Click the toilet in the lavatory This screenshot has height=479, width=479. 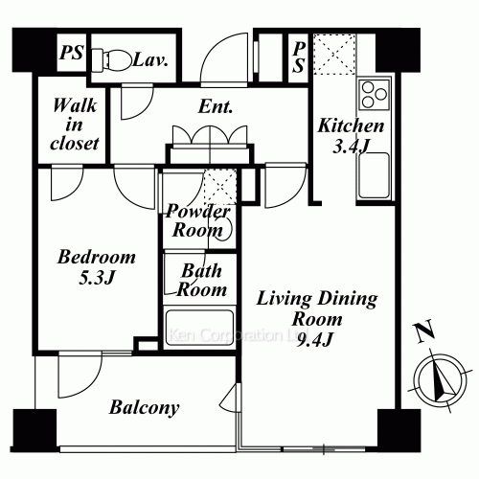112,60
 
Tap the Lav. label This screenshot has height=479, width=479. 150,59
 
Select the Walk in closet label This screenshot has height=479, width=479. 75,125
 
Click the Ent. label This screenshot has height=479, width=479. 215,106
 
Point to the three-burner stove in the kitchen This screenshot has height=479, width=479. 375,95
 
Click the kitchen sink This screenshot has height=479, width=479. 374,175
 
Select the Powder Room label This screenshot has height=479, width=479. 197,220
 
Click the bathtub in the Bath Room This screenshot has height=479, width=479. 199,328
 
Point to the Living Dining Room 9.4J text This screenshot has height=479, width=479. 317,318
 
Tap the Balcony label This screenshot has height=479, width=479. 144,408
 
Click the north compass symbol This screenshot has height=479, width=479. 441,379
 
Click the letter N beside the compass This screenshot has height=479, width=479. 423,331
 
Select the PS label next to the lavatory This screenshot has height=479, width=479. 72,52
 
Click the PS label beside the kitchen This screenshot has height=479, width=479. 299,57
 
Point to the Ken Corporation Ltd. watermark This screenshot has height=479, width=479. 239,335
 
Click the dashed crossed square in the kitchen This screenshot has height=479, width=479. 334,55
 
